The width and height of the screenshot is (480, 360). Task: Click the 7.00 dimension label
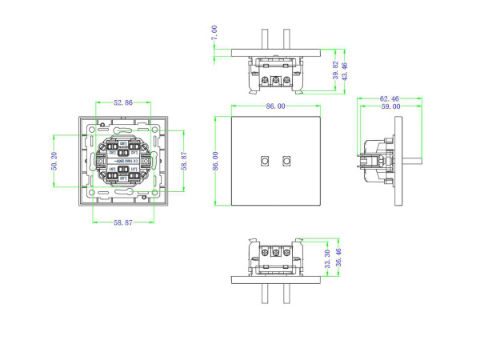[x=214, y=33]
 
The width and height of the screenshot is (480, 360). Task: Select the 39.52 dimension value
[x=334, y=71]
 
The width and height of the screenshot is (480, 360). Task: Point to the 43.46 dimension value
[x=344, y=70]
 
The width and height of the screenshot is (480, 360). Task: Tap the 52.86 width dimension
[x=123, y=103]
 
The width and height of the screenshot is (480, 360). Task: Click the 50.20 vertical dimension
[x=54, y=162]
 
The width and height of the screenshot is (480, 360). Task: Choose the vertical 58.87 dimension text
[x=183, y=162]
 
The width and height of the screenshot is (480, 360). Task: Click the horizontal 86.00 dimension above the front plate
[x=275, y=106]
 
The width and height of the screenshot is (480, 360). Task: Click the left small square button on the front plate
[x=265, y=160]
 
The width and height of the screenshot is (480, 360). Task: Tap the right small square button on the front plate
[x=286, y=160]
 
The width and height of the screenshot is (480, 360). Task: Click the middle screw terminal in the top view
[x=275, y=81]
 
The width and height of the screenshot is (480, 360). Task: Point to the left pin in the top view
[x=265, y=40]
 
